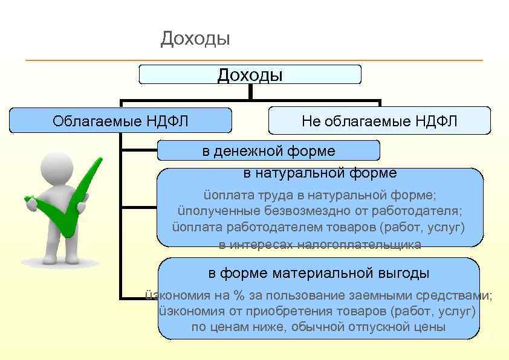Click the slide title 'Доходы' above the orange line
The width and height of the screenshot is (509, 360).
(x=195, y=39)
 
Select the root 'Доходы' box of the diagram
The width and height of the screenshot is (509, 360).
(x=250, y=75)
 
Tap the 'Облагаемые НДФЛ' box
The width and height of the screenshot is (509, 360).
(x=121, y=121)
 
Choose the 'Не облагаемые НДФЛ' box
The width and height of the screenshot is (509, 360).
(x=380, y=121)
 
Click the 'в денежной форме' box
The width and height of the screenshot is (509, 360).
(x=268, y=150)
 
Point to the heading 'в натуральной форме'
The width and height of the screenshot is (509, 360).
(x=320, y=173)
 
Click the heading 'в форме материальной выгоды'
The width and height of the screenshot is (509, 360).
(x=319, y=273)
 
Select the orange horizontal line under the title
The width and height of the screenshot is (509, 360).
(x=254, y=60)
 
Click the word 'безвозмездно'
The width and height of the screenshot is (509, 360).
(x=301, y=211)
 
